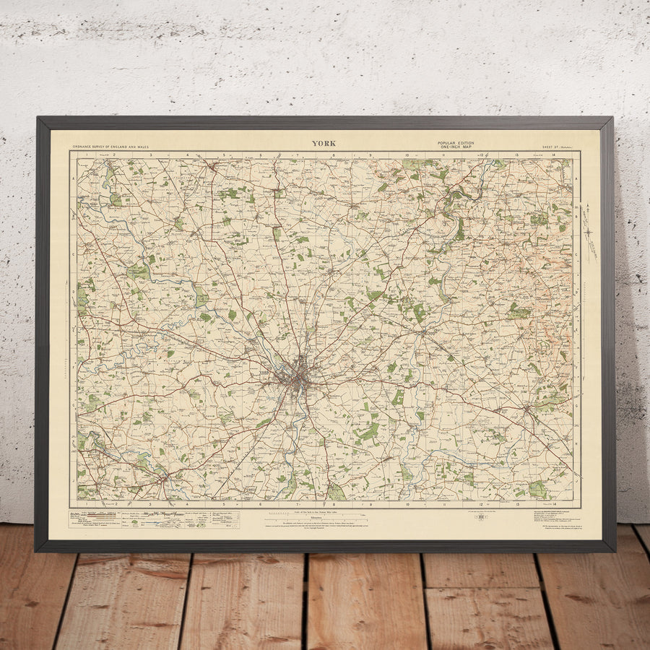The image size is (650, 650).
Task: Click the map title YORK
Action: [324, 143]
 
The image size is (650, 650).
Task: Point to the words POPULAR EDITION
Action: [456, 143]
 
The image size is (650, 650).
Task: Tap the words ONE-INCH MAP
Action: [456, 147]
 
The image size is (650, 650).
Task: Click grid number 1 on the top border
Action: [85, 155]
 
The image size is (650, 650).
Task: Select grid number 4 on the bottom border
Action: [187, 504]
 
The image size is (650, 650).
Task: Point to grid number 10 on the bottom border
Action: [407, 504]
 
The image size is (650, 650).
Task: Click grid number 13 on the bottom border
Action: [517, 504]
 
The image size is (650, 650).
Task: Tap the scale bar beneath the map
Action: [316, 515]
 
